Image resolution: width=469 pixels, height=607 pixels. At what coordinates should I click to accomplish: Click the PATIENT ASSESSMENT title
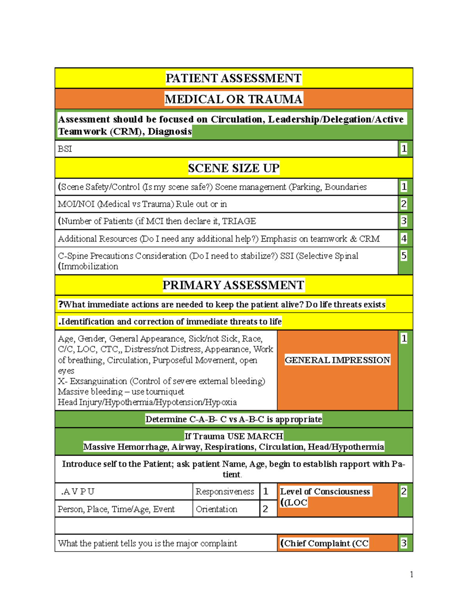point(233,78)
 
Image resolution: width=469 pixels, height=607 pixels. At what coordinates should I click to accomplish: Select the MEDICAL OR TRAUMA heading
point(233,99)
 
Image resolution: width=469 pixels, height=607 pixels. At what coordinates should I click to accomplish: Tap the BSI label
point(65,149)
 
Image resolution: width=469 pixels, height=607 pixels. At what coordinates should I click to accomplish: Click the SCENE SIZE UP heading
point(233,168)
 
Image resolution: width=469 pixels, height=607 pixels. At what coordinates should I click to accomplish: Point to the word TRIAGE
point(239,221)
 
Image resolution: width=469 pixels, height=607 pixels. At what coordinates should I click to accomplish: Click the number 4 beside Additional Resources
point(404,238)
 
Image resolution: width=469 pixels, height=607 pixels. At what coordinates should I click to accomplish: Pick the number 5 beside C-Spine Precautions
point(404,256)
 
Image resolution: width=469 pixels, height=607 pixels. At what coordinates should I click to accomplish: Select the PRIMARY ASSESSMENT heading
point(233,285)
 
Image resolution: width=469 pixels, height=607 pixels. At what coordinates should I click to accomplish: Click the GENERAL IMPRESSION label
point(337,360)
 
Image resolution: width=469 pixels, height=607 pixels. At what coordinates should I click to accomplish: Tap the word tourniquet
point(165,392)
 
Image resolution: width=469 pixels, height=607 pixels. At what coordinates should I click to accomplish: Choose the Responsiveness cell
point(225,492)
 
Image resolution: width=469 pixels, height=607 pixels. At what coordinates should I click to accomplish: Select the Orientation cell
point(217,509)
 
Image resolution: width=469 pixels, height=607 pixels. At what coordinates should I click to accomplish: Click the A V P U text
point(78,492)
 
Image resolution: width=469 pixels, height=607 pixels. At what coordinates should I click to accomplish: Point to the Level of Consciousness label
point(325,492)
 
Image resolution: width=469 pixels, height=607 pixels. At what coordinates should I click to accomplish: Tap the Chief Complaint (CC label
point(324,543)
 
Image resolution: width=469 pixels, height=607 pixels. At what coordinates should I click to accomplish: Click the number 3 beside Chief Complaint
point(404,543)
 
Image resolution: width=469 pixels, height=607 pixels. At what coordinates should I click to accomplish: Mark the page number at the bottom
point(411,574)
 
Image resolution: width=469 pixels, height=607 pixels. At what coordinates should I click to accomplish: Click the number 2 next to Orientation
point(265,509)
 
